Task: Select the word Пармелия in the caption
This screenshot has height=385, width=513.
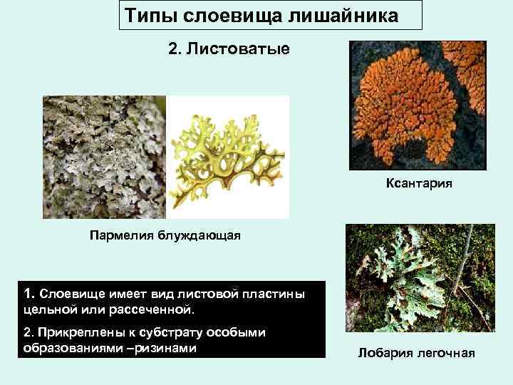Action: (118, 236)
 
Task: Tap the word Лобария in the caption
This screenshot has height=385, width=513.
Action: (388, 354)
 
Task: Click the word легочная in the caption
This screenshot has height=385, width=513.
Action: (446, 354)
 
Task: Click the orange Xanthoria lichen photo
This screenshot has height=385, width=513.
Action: (416, 104)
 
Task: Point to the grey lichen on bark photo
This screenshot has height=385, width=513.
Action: (104, 157)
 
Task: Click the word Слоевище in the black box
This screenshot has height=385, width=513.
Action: (71, 294)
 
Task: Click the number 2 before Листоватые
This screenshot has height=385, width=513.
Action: (172, 51)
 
